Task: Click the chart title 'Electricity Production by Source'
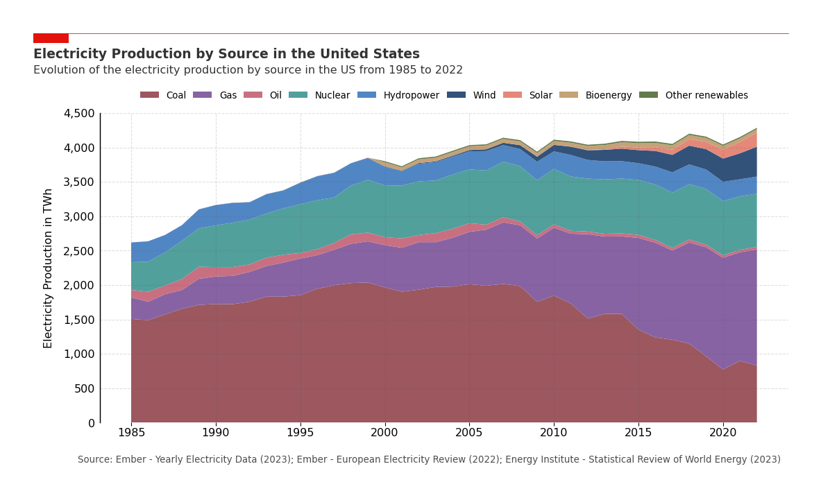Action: click(226, 54)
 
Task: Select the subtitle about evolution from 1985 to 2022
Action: click(248, 70)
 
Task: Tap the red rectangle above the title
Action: click(51, 38)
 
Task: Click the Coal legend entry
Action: click(163, 96)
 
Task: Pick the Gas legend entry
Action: click(215, 96)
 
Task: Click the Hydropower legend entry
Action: click(398, 96)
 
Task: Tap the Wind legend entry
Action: click(471, 96)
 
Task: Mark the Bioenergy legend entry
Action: click(596, 96)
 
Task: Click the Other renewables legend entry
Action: click(693, 96)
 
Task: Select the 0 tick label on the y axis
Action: click(91, 423)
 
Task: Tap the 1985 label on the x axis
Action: click(131, 433)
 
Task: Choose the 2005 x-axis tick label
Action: click(469, 433)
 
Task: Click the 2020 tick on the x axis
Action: click(722, 433)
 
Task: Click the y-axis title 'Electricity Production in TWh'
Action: click(48, 268)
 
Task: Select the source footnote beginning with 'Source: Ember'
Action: click(429, 460)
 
